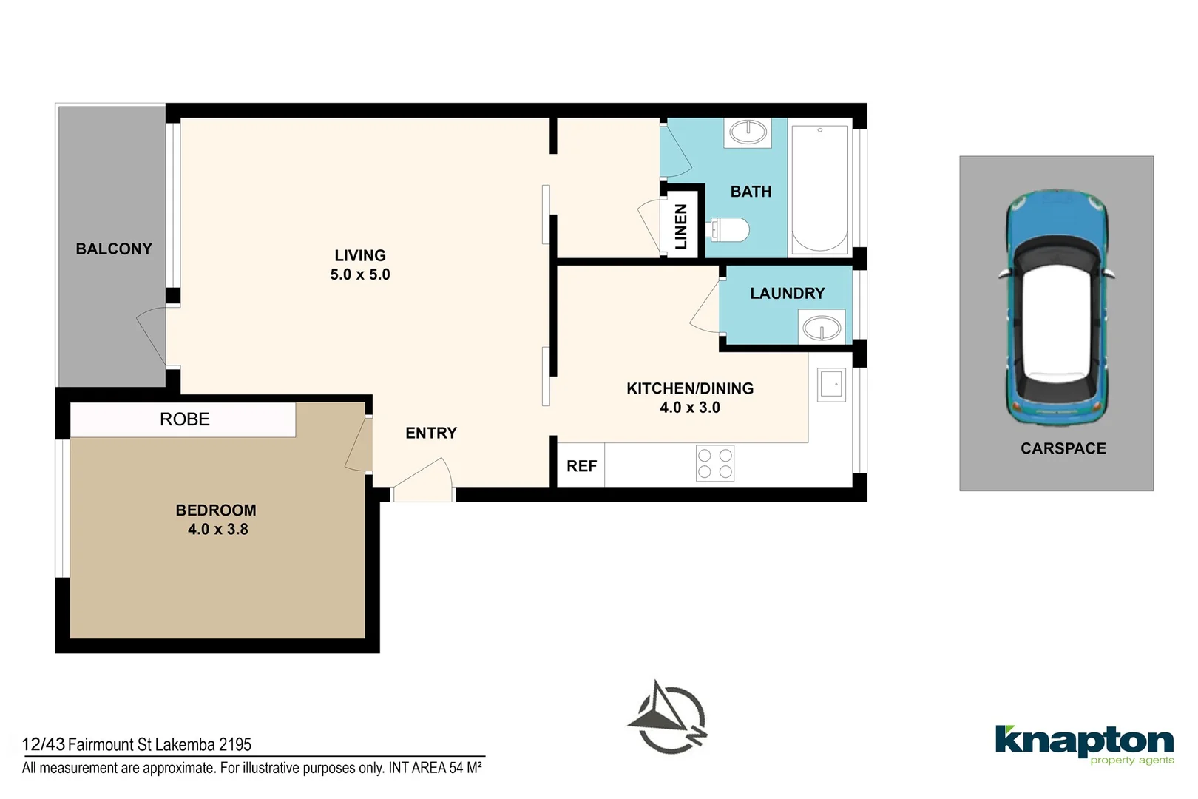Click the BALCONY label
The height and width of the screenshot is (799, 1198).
(114, 249)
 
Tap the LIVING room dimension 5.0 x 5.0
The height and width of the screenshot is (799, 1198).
(360, 274)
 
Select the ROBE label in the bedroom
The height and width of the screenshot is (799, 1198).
(185, 419)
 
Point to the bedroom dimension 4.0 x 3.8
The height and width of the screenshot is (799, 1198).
(217, 529)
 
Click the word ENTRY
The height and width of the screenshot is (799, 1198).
(431, 433)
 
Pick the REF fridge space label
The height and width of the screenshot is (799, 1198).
(581, 466)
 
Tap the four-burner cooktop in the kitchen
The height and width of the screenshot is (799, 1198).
(715, 463)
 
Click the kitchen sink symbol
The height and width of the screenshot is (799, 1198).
(831, 385)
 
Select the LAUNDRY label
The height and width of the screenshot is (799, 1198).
(788, 293)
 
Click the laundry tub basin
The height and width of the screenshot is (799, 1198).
(822, 328)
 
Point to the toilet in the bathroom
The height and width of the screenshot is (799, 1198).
(728, 229)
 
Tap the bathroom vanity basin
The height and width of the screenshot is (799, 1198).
(748, 132)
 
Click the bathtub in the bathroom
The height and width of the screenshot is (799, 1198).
(820, 189)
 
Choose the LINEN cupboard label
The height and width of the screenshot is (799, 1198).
(680, 226)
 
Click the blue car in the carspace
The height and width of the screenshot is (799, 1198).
(1056, 308)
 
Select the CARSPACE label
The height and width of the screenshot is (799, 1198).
(1063, 448)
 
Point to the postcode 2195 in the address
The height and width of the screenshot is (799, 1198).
(234, 744)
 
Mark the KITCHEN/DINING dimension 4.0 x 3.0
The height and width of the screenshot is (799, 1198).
(690, 408)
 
